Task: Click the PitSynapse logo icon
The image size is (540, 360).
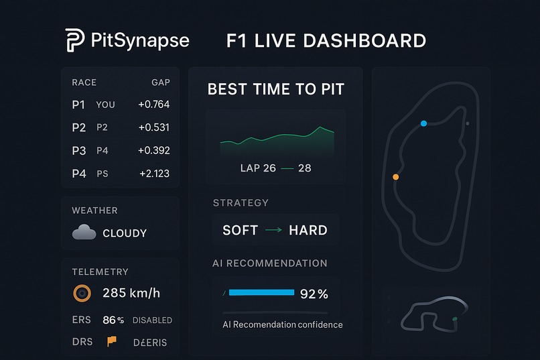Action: pyautogui.click(x=74, y=40)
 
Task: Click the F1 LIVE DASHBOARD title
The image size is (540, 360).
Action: pyautogui.click(x=326, y=40)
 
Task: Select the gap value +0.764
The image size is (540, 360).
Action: pyautogui.click(x=153, y=105)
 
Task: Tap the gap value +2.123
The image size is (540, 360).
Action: pyautogui.click(x=154, y=174)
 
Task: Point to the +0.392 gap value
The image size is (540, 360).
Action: pyautogui.click(x=153, y=151)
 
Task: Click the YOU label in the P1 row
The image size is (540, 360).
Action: pyautogui.click(x=106, y=105)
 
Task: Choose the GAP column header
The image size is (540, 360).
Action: pyautogui.click(x=161, y=82)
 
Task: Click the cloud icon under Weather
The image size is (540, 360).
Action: pyautogui.click(x=84, y=233)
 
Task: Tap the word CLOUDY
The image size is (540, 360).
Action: pyautogui.click(x=125, y=233)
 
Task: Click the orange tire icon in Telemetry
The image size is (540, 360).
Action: pyautogui.click(x=82, y=293)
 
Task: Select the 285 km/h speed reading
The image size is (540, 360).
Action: pyautogui.click(x=131, y=293)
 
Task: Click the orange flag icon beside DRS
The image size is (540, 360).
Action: pyautogui.click(x=111, y=341)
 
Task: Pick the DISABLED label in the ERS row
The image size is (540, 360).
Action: pyautogui.click(x=152, y=320)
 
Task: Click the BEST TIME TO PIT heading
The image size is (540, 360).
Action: pyautogui.click(x=276, y=90)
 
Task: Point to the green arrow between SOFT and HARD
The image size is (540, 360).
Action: pyautogui.click(x=273, y=230)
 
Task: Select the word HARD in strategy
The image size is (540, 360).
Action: pyautogui.click(x=308, y=230)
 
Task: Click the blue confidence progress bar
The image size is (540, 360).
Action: pyautogui.click(x=261, y=293)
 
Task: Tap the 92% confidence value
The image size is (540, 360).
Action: pyautogui.click(x=314, y=294)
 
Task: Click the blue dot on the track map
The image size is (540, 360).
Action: pyautogui.click(x=423, y=123)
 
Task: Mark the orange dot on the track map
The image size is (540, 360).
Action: pyautogui.click(x=396, y=177)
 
